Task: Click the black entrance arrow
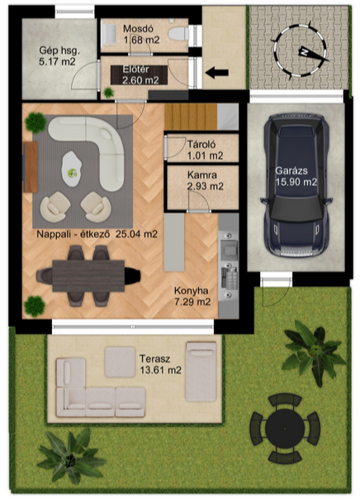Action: [x=216, y=73]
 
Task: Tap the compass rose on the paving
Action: [x=300, y=50]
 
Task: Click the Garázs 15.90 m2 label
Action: [x=296, y=176]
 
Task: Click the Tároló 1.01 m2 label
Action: [x=205, y=150]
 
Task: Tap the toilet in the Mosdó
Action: [x=178, y=33]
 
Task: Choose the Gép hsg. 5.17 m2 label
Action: [x=59, y=56]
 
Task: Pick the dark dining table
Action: [x=88, y=276]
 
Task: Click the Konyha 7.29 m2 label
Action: [x=192, y=296]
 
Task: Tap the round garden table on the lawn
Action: [x=285, y=428]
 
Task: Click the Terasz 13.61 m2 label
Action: [x=160, y=364]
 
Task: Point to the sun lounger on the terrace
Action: [x=201, y=372]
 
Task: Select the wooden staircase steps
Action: [x=191, y=117]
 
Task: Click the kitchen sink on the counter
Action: [x=229, y=248]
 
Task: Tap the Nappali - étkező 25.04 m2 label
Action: [x=97, y=234]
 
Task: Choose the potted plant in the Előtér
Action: [x=108, y=93]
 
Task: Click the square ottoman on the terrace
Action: [x=120, y=362]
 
